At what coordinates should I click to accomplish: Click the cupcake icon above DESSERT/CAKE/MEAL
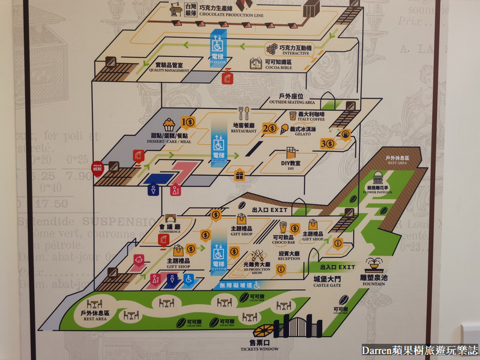[169, 125]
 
